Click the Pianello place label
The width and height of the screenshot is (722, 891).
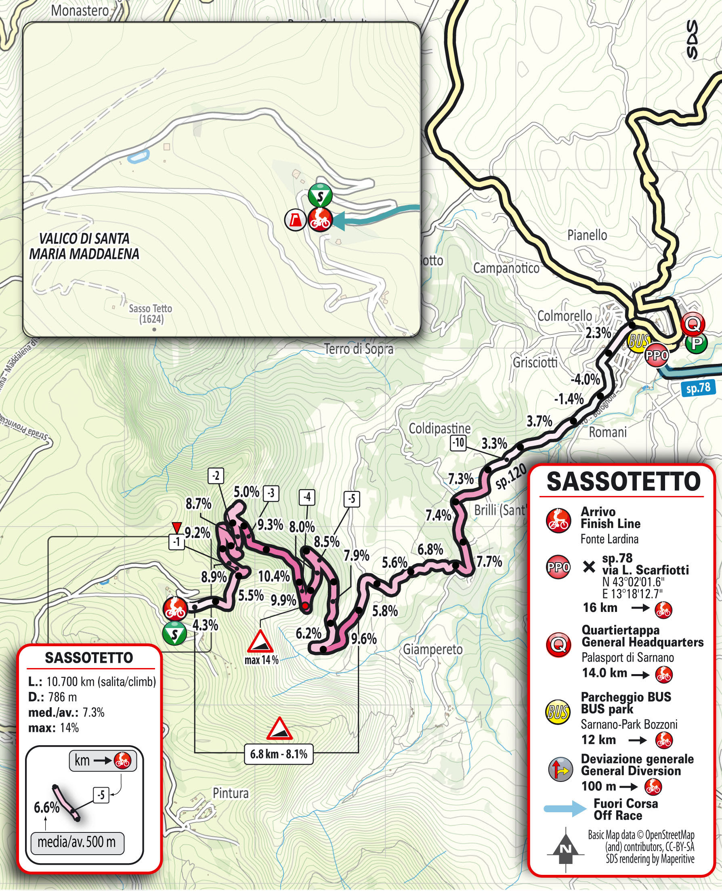coord(587,235)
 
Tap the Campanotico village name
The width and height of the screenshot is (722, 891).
coord(506,268)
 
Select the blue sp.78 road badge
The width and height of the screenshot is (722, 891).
coord(698,388)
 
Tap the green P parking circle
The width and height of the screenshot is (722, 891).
coord(696,343)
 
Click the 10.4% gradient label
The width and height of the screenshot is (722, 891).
coord(274,576)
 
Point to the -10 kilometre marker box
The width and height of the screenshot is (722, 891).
coord(458,443)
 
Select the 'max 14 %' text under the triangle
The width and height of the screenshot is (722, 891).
coord(261,660)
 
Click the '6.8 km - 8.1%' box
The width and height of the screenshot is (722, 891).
coord(278,754)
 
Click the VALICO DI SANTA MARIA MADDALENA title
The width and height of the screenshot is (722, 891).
coord(84,246)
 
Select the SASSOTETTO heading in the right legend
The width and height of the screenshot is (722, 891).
coord(623,482)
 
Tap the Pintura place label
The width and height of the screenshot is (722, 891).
coord(231,793)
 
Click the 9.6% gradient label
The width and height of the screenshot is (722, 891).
coord(363,639)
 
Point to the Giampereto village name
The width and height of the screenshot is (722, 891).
coord(432,649)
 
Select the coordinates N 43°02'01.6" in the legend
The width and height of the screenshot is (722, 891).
coord(633,582)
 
